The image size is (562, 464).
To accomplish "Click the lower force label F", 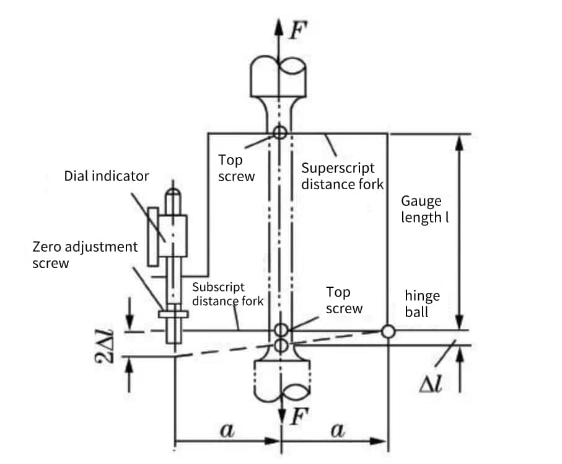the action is point(300,417).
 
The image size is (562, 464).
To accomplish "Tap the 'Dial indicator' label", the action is point(107,176).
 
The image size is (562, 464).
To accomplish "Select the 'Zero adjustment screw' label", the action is point(85,255).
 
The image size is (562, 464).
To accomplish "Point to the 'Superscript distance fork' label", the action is point(342,176).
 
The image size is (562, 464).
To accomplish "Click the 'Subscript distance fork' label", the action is point(228,294).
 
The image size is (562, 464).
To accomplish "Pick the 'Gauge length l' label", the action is point(424,209).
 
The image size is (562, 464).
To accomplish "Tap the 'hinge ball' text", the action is point(422,303).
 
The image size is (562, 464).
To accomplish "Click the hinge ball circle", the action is point(388,331).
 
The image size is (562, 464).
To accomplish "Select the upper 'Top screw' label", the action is point(236,168).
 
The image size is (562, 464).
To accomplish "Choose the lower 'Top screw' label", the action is point(344,300).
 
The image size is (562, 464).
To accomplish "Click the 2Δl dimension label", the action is point(103,346).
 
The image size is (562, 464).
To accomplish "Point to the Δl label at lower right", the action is point(431,385).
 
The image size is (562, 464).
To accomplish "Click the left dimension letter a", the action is point(227,429).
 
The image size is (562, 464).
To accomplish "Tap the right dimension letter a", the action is point(338,429).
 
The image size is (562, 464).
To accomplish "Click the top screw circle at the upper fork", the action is point(280,132).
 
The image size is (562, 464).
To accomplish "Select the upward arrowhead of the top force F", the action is point(279,27).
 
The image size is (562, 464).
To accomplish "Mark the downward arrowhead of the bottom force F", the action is point(282,417).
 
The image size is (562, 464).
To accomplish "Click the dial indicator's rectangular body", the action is point(173,236).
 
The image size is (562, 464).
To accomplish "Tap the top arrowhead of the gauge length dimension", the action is point(460,143).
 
